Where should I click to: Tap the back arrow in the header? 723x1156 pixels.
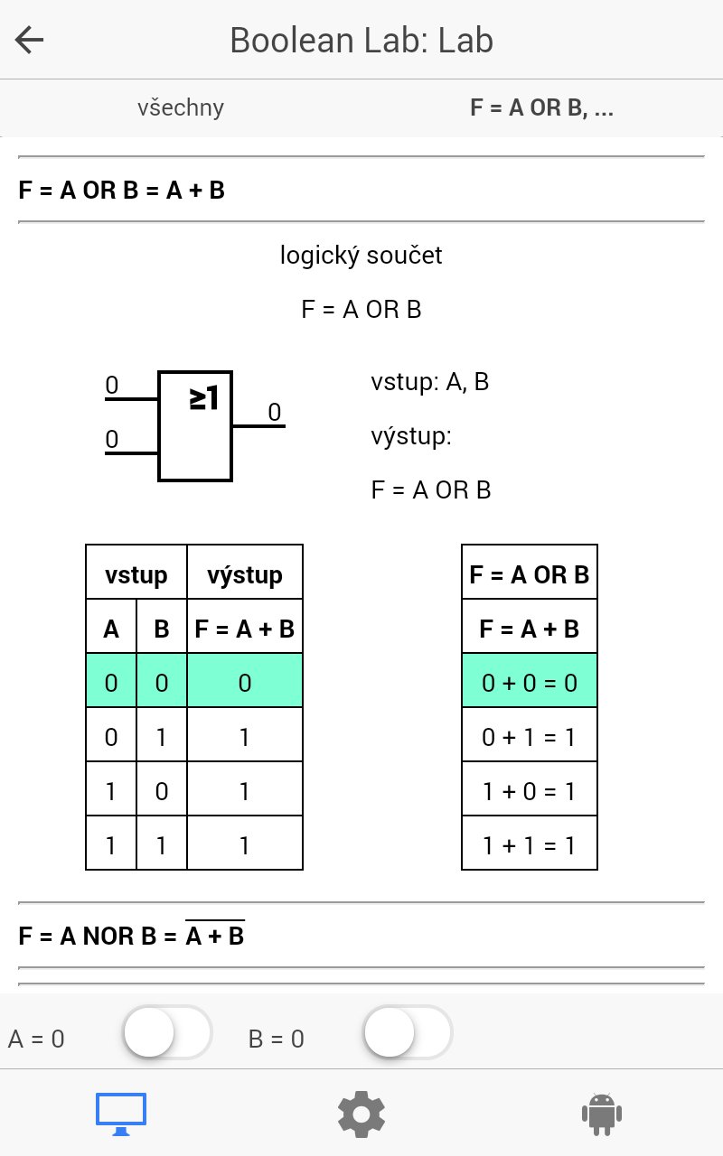pyautogui.click(x=30, y=40)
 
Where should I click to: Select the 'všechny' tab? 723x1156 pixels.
pyautogui.click(x=181, y=107)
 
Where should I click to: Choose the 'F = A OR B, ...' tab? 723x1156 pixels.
pyautogui.click(x=541, y=107)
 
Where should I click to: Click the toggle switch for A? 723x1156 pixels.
pyautogui.click(x=168, y=1032)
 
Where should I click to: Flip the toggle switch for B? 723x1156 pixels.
pyautogui.click(x=408, y=1032)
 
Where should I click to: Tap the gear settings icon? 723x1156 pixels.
pyautogui.click(x=361, y=1114)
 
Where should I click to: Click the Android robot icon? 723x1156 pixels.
pyautogui.click(x=602, y=1114)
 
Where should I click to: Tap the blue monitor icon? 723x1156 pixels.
pyautogui.click(x=121, y=1114)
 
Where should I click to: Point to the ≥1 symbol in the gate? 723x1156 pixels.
pyautogui.click(x=203, y=398)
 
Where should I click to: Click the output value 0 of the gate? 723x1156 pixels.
pyautogui.click(x=274, y=413)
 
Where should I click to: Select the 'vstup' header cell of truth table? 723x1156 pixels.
pyautogui.click(x=136, y=572)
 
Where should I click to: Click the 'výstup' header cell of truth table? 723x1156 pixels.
pyautogui.click(x=245, y=572)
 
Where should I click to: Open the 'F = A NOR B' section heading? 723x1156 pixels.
pyautogui.click(x=131, y=935)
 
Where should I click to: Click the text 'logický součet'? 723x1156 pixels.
pyautogui.click(x=361, y=256)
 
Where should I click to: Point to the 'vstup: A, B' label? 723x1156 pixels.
pyautogui.click(x=429, y=382)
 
